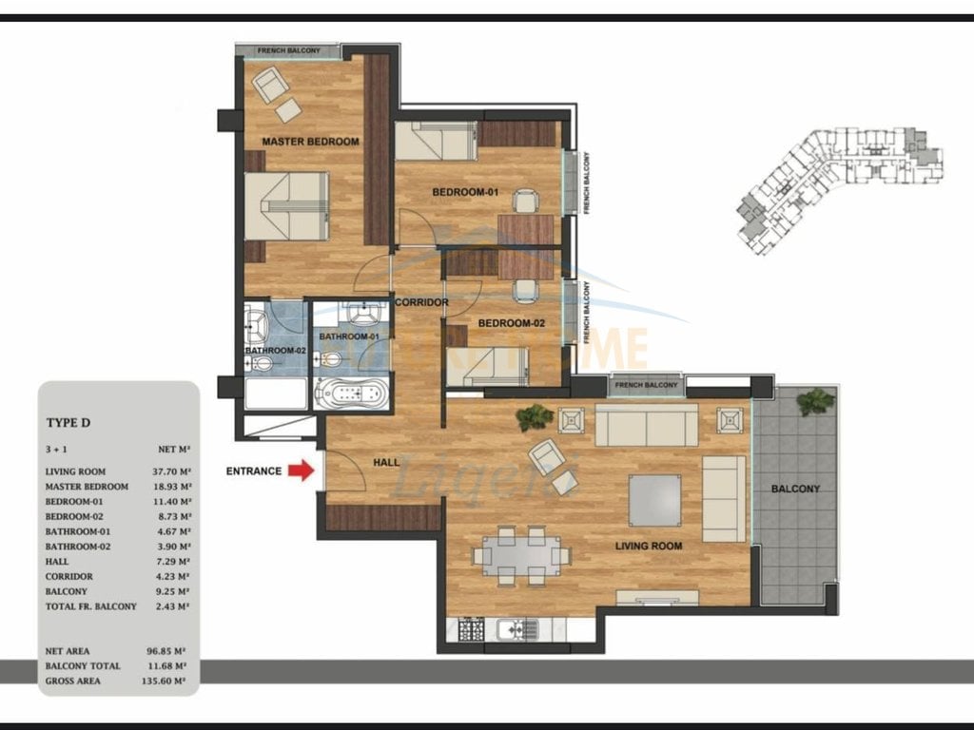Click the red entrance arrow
[302, 470]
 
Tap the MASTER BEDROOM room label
[310, 142]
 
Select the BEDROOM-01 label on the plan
[465, 193]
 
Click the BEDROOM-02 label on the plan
[511, 324]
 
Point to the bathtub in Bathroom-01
[351, 393]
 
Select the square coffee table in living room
[654, 500]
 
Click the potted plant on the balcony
[815, 402]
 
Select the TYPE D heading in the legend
[68, 422]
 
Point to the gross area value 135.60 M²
[168, 681]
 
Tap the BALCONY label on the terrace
[795, 489]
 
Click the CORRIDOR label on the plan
[421, 302]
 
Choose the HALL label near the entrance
[386, 461]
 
